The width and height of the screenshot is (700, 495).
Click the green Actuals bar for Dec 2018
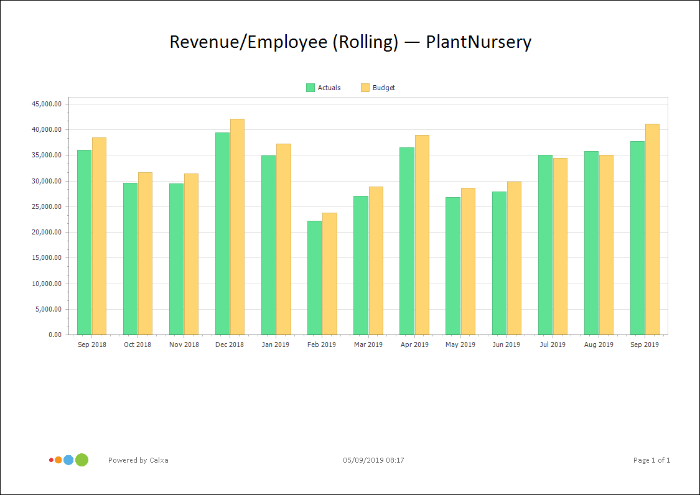tap(222, 233)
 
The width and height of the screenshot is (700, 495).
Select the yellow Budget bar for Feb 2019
tap(330, 274)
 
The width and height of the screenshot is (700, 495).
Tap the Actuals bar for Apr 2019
tap(406, 241)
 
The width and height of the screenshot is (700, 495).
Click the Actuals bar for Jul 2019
tap(545, 244)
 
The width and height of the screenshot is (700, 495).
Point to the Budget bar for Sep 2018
tap(99, 236)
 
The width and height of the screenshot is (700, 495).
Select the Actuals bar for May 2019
tap(452, 266)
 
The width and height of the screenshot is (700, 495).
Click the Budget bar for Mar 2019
tap(376, 261)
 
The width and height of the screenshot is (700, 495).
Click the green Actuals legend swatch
tap(310, 88)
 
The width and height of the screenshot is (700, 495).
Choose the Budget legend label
tap(384, 88)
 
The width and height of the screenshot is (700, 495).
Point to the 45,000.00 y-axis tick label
tap(47, 104)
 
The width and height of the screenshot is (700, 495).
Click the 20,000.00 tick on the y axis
tap(47, 232)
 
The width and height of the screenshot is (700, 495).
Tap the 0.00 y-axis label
tap(55, 335)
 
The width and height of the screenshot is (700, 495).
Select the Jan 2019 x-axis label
tap(276, 345)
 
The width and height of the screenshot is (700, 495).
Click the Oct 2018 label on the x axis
tap(138, 345)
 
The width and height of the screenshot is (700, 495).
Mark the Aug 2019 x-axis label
tap(599, 345)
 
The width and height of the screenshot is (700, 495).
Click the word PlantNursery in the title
tap(478, 42)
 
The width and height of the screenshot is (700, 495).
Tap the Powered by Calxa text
tap(138, 460)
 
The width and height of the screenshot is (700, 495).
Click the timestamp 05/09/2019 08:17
tap(373, 460)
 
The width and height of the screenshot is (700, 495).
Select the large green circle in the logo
tap(82, 460)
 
